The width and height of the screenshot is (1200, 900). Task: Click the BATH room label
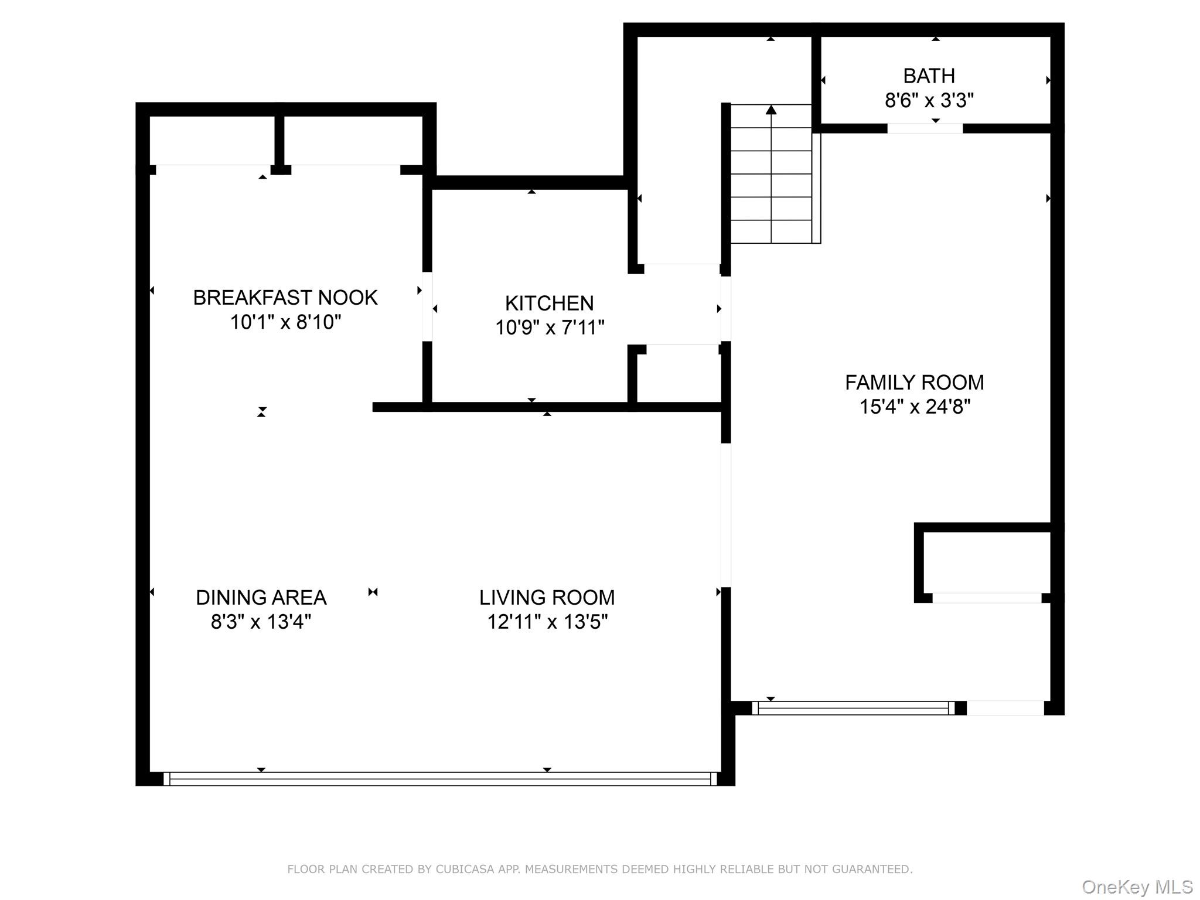click(x=929, y=76)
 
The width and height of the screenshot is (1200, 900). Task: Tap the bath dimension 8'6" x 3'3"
click(x=929, y=101)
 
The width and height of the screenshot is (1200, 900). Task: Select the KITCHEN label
click(x=549, y=303)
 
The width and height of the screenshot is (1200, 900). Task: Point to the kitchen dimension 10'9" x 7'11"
click(x=549, y=327)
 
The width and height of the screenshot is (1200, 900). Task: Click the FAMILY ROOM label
click(x=914, y=383)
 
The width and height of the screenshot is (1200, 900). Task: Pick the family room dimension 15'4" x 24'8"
click(x=914, y=407)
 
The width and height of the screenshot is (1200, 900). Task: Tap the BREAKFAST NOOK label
click(x=285, y=298)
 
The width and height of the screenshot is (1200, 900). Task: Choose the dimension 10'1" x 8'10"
click(x=285, y=322)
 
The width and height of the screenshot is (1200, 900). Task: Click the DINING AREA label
click(x=261, y=598)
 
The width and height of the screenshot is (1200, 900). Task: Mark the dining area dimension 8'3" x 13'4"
click(x=261, y=622)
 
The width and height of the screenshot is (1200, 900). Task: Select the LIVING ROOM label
click(x=547, y=598)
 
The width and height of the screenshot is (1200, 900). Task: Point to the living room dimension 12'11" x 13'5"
click(x=547, y=622)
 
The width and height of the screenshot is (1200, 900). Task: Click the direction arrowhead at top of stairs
click(x=771, y=110)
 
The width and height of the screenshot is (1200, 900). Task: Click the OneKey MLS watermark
click(x=1137, y=887)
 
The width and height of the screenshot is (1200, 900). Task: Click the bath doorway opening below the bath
click(x=925, y=128)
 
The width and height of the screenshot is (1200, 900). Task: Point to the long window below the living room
click(x=439, y=779)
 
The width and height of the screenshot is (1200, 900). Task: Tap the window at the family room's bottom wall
click(x=853, y=708)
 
